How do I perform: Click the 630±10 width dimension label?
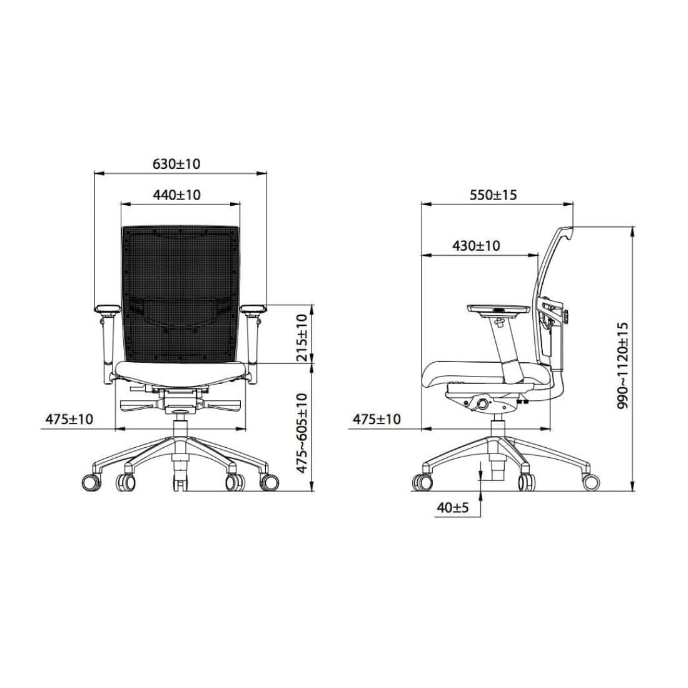click(x=176, y=164)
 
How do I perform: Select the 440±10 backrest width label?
click(x=176, y=195)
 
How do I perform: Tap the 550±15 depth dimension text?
click(x=493, y=195)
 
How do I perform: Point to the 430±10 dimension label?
click(x=476, y=246)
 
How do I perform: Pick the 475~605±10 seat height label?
click(x=302, y=432)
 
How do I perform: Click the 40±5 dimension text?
click(x=453, y=508)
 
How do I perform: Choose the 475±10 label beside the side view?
click(x=377, y=419)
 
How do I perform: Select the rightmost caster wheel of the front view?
click(x=270, y=482)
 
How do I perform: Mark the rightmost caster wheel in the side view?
click(x=590, y=482)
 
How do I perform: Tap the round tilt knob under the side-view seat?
click(x=483, y=405)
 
